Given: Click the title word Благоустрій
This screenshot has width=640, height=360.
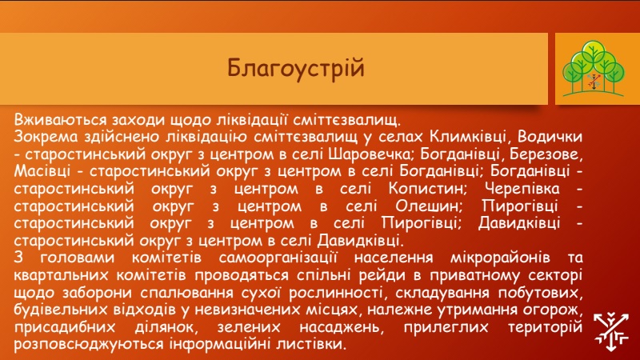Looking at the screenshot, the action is pyautogui.click(x=295, y=68).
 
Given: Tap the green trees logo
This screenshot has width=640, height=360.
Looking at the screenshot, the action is pyautogui.click(x=594, y=69).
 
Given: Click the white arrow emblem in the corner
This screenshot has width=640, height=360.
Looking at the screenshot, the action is pyautogui.click(x=610, y=331).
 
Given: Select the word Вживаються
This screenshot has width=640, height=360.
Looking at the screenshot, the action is pyautogui.click(x=61, y=120).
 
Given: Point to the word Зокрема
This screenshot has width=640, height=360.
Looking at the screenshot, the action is pyautogui.click(x=46, y=137).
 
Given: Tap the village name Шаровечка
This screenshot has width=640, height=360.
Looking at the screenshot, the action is pyautogui.click(x=370, y=154).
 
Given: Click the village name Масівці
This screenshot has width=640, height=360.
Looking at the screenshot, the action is pyautogui.click(x=42, y=171).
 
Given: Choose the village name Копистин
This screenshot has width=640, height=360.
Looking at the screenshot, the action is pyautogui.click(x=428, y=189).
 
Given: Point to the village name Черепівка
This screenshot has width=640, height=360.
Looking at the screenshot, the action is pyautogui.click(x=522, y=189).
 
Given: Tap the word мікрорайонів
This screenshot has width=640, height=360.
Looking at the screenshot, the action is pyautogui.click(x=500, y=258).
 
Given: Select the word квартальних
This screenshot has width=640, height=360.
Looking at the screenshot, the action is pyautogui.click(x=61, y=275).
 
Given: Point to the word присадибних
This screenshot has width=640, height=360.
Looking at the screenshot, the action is pyautogui.click(x=65, y=327).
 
